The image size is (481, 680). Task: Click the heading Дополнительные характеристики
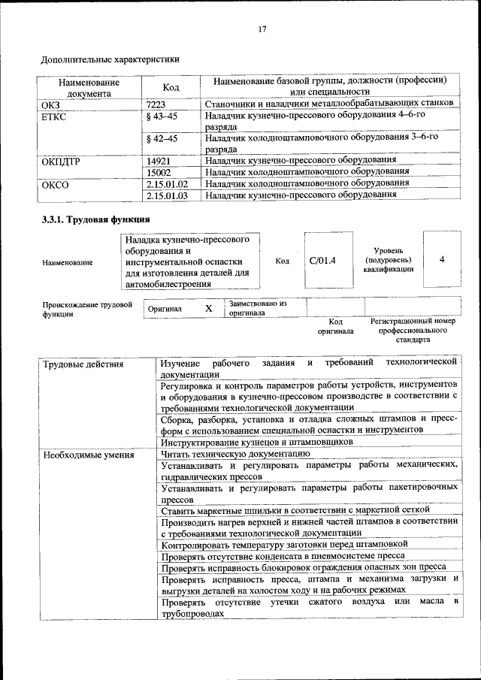[110, 58]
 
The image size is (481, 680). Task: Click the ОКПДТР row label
[61, 161]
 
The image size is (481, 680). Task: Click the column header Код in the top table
[171, 87]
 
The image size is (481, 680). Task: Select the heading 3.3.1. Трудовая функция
[95, 219]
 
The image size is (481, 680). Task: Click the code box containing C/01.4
[322, 260]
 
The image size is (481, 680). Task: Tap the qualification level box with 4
[442, 259]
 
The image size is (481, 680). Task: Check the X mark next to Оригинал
[209, 308]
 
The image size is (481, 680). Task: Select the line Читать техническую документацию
[234, 454]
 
